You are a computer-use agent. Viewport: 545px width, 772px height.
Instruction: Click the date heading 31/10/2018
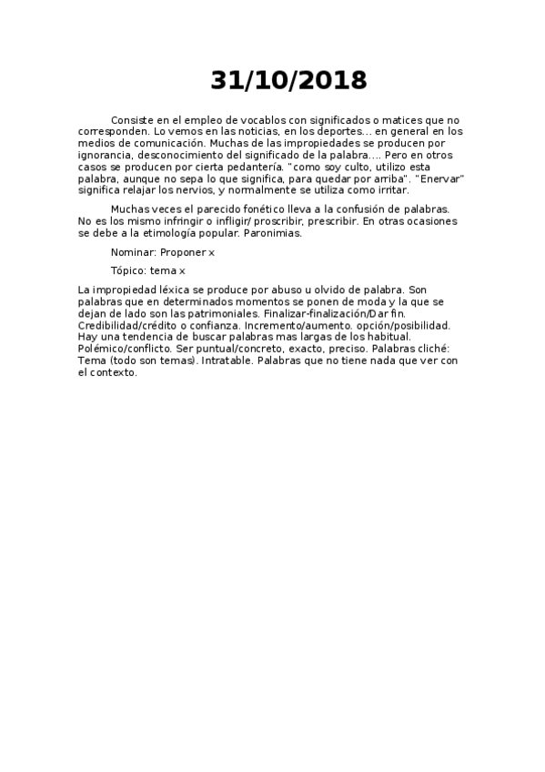[x=289, y=81]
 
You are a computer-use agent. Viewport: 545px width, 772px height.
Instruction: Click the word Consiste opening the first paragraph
[x=133, y=120]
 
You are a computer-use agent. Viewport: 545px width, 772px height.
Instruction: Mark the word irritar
[x=390, y=191]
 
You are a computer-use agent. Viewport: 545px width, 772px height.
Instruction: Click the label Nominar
[x=133, y=251]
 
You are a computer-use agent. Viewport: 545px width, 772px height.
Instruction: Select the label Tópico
[x=129, y=270]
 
